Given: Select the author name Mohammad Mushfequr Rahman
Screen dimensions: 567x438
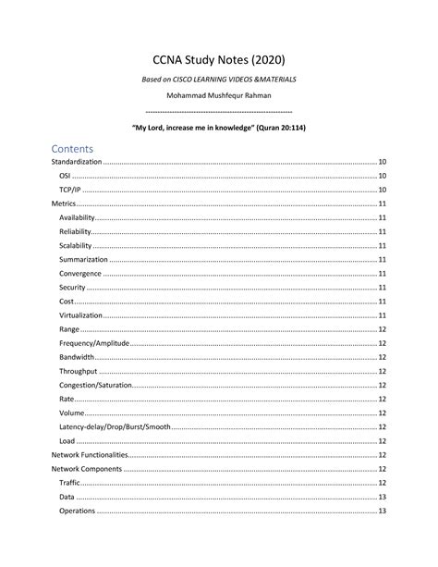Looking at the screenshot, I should tap(219, 97).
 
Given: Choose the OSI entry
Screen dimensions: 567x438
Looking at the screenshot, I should tap(65, 175).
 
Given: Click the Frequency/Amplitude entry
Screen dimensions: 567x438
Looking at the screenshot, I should tap(94, 343).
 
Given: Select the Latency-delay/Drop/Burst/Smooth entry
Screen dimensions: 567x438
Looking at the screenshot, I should tap(115, 426).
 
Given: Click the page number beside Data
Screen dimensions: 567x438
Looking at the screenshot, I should tap(382, 497).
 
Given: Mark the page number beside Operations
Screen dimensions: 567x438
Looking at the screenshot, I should tap(382, 511).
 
